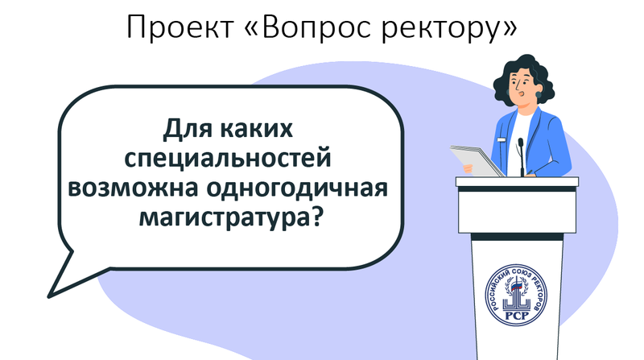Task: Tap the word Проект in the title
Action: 180,27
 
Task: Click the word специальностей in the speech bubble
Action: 228,159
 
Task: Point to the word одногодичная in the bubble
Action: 297,188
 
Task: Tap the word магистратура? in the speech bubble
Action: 229,217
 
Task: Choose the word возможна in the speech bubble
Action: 134,188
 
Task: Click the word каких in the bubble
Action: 256,129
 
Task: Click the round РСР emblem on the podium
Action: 516,295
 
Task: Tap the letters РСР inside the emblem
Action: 516,316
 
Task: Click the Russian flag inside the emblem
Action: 518,283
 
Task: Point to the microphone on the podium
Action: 521,157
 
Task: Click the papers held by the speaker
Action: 477,160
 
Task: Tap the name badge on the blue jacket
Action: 501,139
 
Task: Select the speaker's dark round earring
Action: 539,95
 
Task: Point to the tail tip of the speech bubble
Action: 48,296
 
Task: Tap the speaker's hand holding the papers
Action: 469,168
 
